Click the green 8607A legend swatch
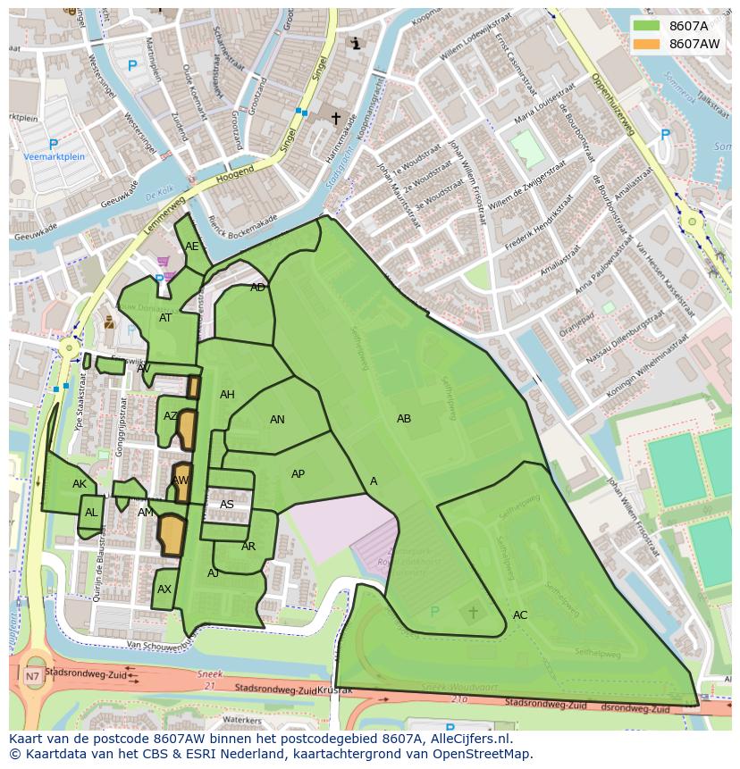pyautogui.click(x=646, y=26)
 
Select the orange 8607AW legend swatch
pyautogui.click(x=646, y=44)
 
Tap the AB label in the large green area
pyautogui.click(x=404, y=419)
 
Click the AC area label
pyautogui.click(x=520, y=615)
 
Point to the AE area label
pyautogui.click(x=192, y=247)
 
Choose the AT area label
pyautogui.click(x=165, y=318)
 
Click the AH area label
pyautogui.click(x=227, y=395)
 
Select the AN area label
pyautogui.click(x=277, y=420)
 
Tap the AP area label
pyautogui.click(x=298, y=474)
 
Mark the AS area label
pyautogui.click(x=227, y=505)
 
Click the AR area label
pyautogui.click(x=248, y=547)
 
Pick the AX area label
pyautogui.click(x=164, y=589)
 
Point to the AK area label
pyautogui.click(x=80, y=484)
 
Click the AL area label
pyautogui.click(x=91, y=513)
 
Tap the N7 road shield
pyautogui.click(x=32, y=676)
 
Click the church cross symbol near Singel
pyautogui.click(x=336, y=118)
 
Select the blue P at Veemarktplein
pyautogui.click(x=53, y=144)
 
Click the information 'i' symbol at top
pyautogui.click(x=356, y=43)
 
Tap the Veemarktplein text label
pyautogui.click(x=54, y=157)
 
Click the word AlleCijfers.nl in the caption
pyautogui.click(x=468, y=739)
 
